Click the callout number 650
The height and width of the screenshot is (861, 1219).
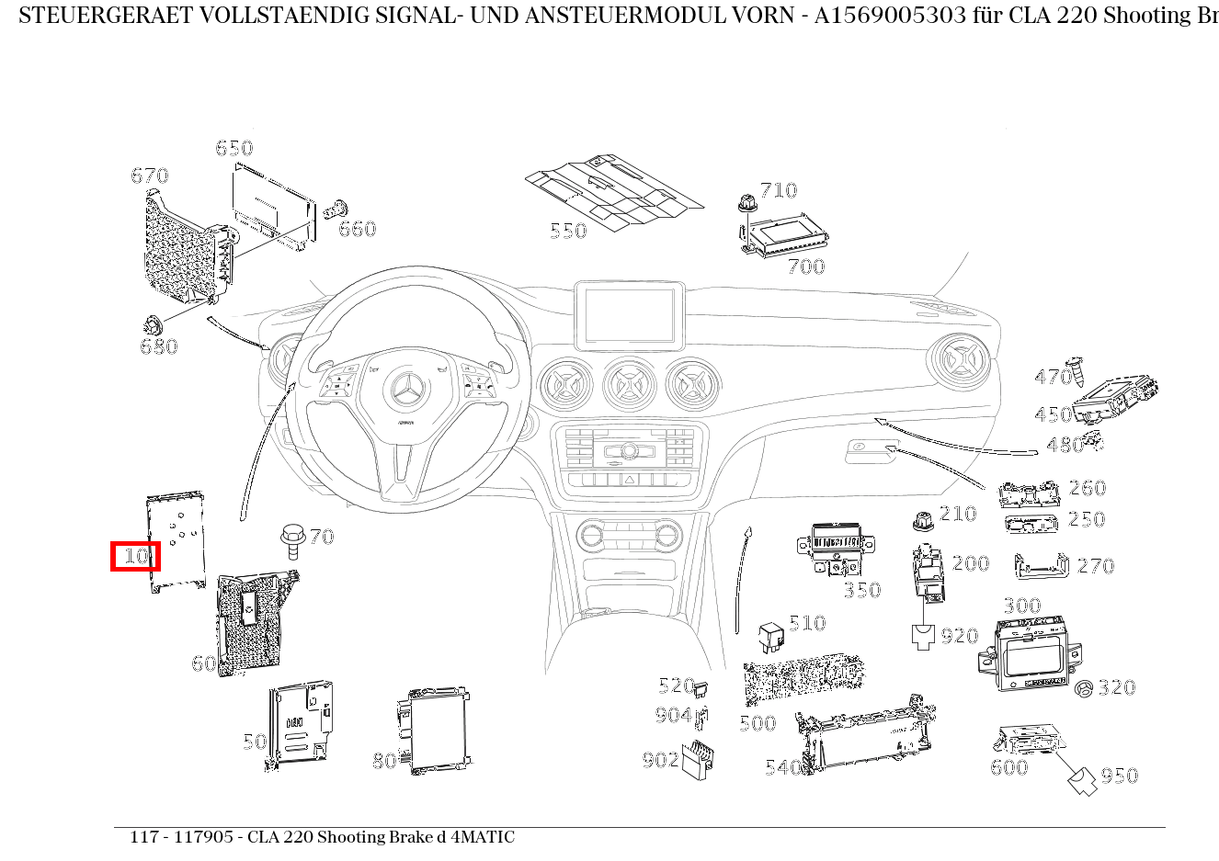234,148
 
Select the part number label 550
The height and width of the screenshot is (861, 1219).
567,231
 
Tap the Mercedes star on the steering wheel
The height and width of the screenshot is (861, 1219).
404,392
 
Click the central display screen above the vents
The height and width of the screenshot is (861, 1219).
630,315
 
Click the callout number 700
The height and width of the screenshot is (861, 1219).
806,266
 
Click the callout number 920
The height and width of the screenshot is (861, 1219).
959,636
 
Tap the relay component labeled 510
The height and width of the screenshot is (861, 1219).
769,635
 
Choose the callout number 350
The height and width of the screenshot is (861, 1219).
862,590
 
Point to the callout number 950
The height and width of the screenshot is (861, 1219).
1119,776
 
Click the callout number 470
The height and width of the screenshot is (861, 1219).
1053,377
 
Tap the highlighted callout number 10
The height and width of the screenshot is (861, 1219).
135,556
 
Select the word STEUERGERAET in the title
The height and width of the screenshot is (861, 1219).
92,16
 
